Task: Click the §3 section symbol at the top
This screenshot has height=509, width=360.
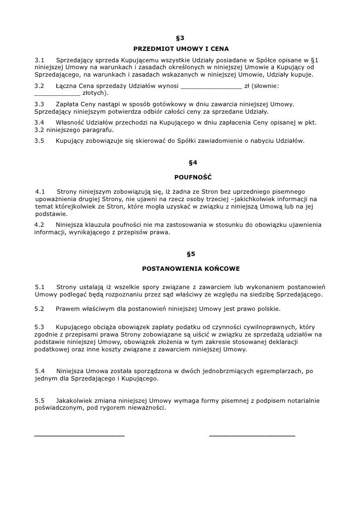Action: (x=180, y=38)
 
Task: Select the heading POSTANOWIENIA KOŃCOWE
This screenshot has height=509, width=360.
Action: (x=191, y=269)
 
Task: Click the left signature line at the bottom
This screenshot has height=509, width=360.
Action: (x=79, y=435)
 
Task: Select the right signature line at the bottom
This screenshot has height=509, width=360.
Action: (x=252, y=435)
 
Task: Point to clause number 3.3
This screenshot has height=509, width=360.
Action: (x=40, y=105)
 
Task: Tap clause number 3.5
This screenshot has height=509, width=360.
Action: (x=40, y=141)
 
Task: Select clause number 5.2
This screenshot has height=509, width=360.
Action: (x=40, y=309)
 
